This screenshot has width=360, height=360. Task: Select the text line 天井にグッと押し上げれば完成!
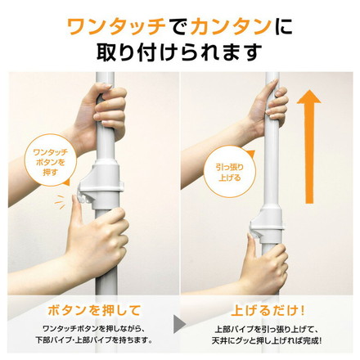click(x=268, y=340)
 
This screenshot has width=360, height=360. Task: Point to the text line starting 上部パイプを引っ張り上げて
click(x=268, y=326)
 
